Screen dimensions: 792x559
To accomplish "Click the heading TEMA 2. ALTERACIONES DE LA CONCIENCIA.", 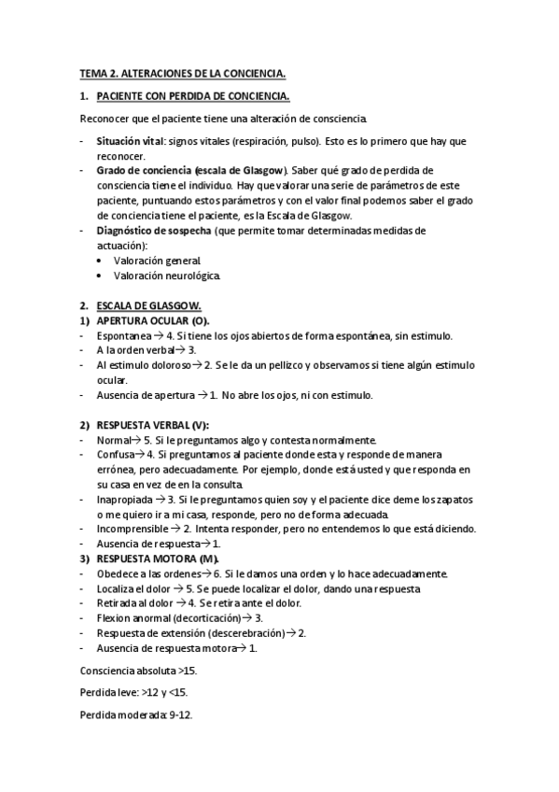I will [x=182, y=72].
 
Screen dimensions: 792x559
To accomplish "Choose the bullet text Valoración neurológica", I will [x=167, y=276].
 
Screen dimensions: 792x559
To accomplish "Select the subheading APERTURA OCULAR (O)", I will [x=153, y=320].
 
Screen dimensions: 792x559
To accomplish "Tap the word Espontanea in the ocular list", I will [x=123, y=335].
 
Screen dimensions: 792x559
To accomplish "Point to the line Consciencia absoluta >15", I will [x=137, y=671].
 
